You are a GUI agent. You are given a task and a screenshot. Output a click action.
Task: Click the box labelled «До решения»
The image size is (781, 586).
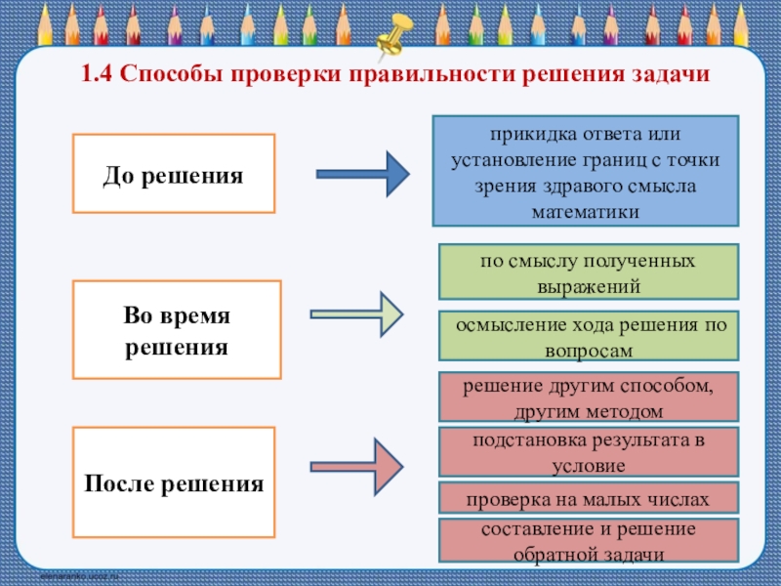tap(174, 174)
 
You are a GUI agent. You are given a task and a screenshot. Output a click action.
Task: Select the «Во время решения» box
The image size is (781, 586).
tap(177, 330)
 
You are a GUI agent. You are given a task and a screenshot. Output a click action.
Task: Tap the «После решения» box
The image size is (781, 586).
tap(174, 482)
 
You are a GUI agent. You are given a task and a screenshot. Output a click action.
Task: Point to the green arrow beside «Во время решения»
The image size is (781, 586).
tap(357, 314)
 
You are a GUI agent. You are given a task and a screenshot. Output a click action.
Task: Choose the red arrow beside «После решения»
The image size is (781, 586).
tap(357, 465)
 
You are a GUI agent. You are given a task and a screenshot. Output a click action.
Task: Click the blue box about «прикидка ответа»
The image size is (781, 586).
tap(587, 171)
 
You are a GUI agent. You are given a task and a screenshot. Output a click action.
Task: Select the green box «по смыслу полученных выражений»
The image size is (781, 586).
tap(588, 272)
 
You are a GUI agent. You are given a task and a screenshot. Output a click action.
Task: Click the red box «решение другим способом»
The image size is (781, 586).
tap(588, 397)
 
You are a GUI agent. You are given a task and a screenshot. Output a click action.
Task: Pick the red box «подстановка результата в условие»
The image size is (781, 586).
tap(588, 451)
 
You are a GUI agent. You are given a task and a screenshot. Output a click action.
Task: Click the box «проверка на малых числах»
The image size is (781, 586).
tap(588, 499)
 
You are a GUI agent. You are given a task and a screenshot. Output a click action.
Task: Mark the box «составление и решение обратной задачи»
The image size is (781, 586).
tap(588, 542)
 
